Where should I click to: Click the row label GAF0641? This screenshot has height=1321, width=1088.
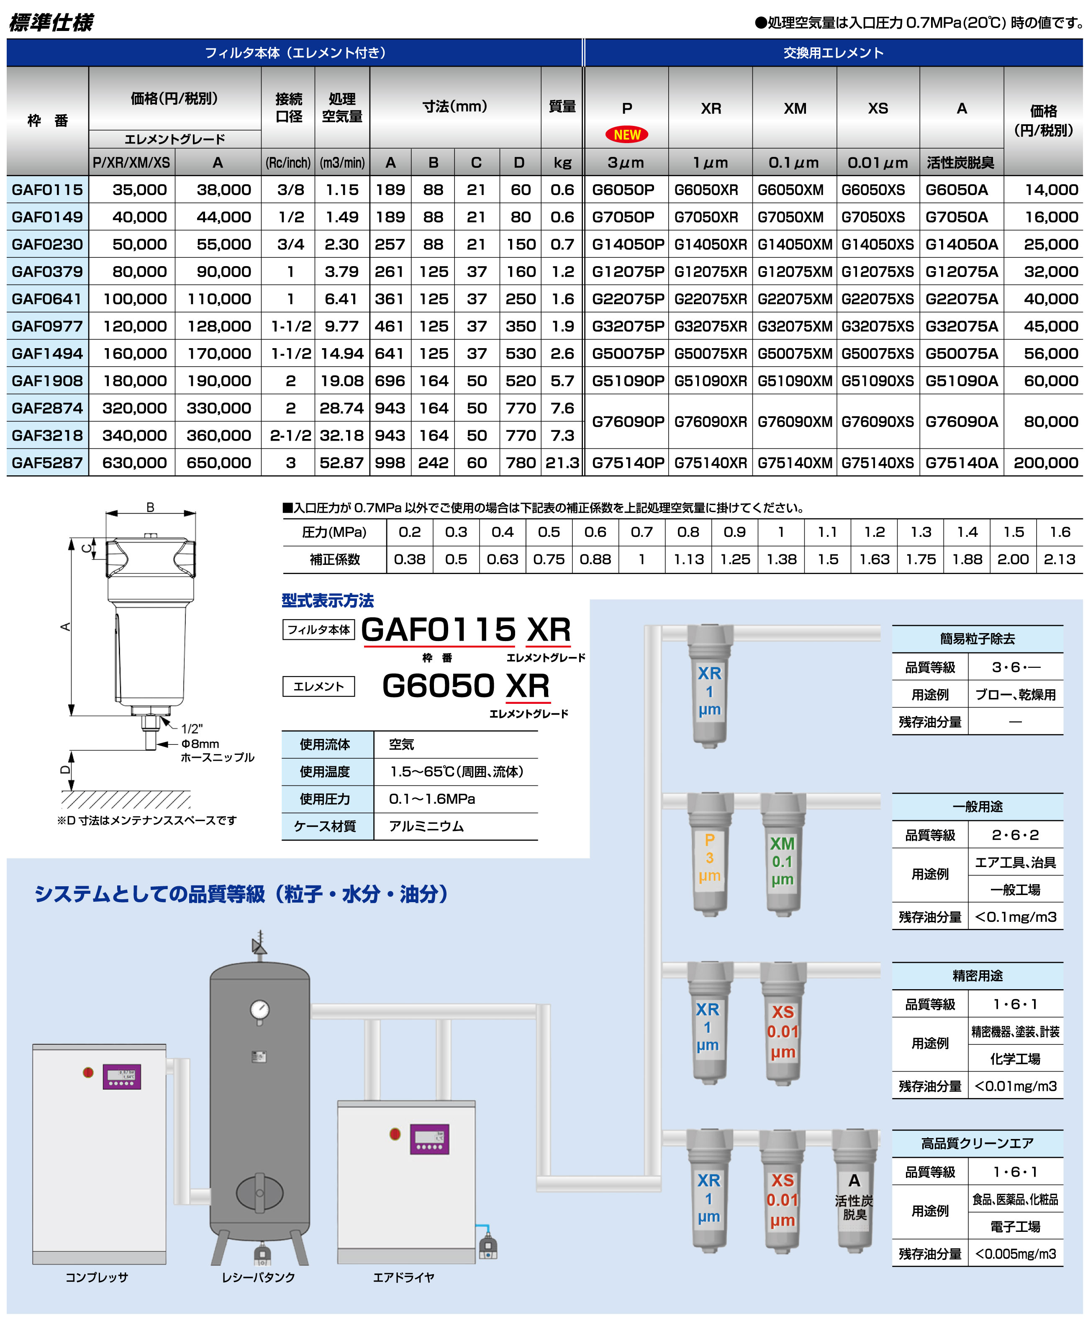click(x=47, y=299)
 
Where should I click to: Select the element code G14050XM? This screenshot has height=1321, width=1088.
click(x=795, y=244)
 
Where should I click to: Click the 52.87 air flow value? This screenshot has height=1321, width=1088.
click(x=341, y=462)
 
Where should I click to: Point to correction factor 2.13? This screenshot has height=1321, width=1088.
click(x=1059, y=559)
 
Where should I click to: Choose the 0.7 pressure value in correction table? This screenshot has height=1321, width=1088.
click(x=642, y=532)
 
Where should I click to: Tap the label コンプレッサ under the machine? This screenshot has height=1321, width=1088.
click(x=97, y=1277)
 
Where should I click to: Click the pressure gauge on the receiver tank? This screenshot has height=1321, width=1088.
click(x=259, y=1010)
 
